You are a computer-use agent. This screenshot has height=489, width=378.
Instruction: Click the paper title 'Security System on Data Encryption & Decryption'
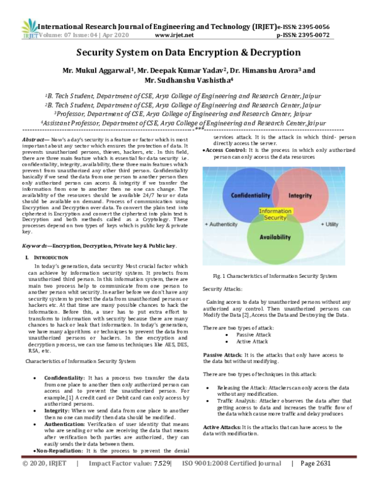188,54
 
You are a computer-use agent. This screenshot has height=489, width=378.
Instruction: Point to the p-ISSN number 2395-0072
338,37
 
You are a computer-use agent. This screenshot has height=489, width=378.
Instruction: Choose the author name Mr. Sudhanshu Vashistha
189,81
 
